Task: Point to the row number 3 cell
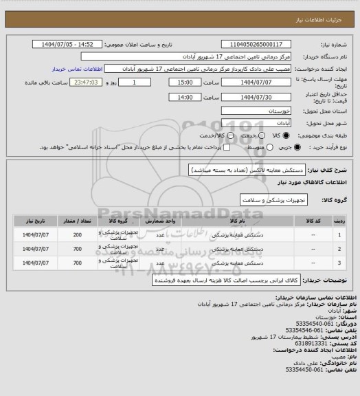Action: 341,263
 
